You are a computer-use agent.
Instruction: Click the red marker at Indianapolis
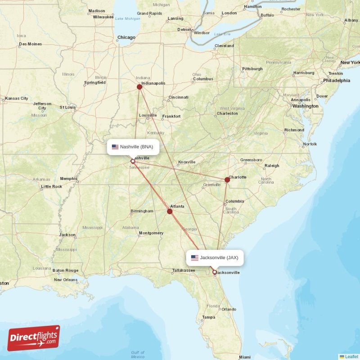(139, 87)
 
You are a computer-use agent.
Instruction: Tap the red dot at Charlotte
(227, 180)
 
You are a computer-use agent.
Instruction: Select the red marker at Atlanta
(170, 211)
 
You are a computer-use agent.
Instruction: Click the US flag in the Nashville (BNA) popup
(115, 147)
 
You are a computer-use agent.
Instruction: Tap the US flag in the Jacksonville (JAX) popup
(194, 258)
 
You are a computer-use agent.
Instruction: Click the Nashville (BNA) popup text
(136, 147)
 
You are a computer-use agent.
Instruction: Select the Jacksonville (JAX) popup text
(219, 258)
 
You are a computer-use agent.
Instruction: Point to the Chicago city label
(126, 38)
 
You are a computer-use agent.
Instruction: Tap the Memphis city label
(69, 179)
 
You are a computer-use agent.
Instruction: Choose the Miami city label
(245, 357)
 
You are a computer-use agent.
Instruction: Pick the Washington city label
(305, 106)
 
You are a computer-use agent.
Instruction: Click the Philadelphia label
(336, 81)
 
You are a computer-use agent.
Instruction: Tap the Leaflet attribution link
(351, 356)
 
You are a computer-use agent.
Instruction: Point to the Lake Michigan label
(128, 18)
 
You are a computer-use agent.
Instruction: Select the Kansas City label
(16, 98)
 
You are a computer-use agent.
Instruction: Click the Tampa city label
(208, 317)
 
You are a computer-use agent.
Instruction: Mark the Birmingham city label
(142, 211)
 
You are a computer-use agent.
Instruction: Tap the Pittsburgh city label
(252, 69)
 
